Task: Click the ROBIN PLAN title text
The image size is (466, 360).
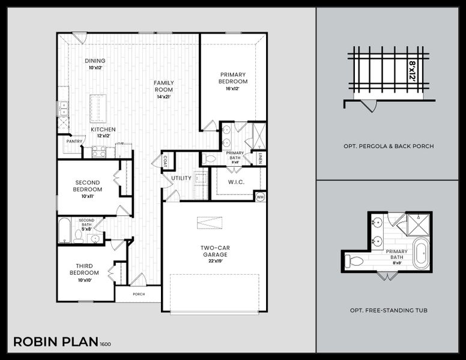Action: [56, 342]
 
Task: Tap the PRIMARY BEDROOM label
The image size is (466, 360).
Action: [233, 78]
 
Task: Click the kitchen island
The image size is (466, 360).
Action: [98, 109]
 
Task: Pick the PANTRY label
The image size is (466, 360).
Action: [74, 142]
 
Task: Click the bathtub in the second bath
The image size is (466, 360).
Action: [64, 230]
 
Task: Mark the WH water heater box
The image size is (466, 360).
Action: [260, 196]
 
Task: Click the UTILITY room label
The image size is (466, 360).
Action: [181, 178]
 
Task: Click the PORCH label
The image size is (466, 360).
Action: [138, 295]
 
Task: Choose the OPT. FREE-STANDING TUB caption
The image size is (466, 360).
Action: [389, 311]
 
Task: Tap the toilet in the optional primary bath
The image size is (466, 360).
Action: [354, 260]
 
